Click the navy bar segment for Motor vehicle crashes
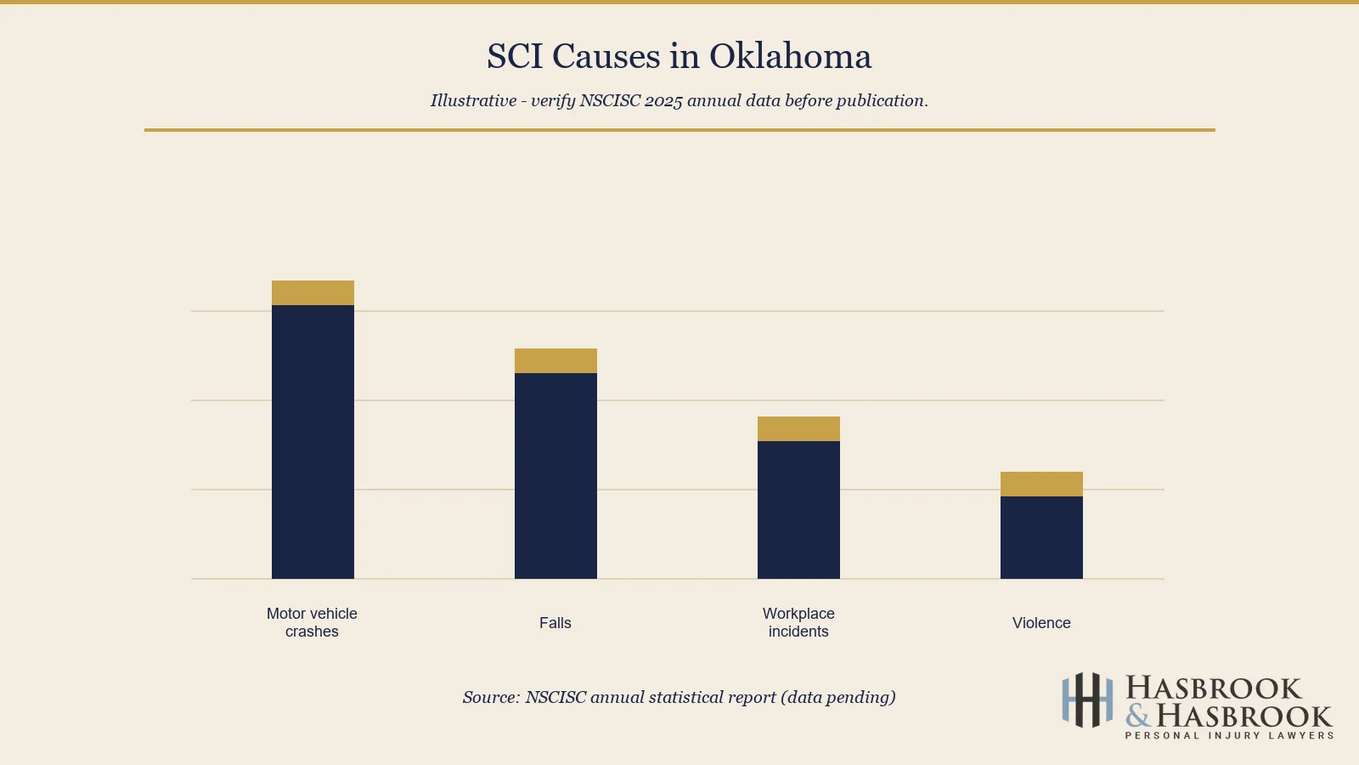pos(313,442)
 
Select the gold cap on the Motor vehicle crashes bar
pos(313,292)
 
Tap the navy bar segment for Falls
pos(555,476)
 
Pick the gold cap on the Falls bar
pos(555,360)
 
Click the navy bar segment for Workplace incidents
pos(798,510)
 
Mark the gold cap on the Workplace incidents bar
pos(798,428)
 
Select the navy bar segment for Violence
pos(1041,537)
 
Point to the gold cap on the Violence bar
pos(1041,484)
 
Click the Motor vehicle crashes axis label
pos(312,622)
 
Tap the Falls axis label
pos(555,623)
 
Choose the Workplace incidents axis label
pos(798,622)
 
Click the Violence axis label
pos(1041,623)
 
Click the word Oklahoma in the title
pos(790,57)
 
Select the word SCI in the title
pos(515,57)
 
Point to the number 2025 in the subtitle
pos(663,101)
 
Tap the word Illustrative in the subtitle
pos(473,101)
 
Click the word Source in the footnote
pos(490,698)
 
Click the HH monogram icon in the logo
pos(1087,700)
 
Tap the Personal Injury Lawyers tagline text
pos(1229,736)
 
